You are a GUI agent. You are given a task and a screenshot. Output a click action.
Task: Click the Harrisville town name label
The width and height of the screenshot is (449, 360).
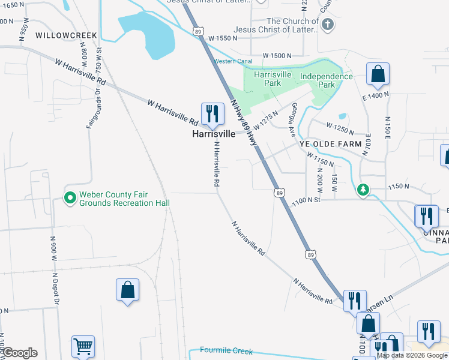point(213,134)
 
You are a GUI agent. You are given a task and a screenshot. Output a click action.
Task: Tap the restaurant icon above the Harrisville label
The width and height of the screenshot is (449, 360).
point(212,112)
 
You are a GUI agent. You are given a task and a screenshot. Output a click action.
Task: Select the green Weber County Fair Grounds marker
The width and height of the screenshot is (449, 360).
point(70,197)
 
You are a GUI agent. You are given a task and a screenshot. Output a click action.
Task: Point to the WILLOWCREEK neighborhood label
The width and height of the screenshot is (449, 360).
point(66,36)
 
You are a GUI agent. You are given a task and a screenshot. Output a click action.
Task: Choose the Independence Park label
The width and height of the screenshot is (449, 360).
point(326,80)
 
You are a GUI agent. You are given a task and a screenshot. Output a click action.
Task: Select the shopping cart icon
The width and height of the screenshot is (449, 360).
point(83,346)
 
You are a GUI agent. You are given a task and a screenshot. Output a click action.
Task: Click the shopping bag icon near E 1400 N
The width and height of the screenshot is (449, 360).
point(378,74)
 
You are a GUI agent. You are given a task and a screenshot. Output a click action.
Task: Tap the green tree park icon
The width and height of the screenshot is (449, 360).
point(363,190)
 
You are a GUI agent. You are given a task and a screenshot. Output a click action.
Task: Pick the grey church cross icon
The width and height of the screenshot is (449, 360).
point(327,25)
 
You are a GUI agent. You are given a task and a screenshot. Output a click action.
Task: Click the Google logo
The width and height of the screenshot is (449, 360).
point(20,353)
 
